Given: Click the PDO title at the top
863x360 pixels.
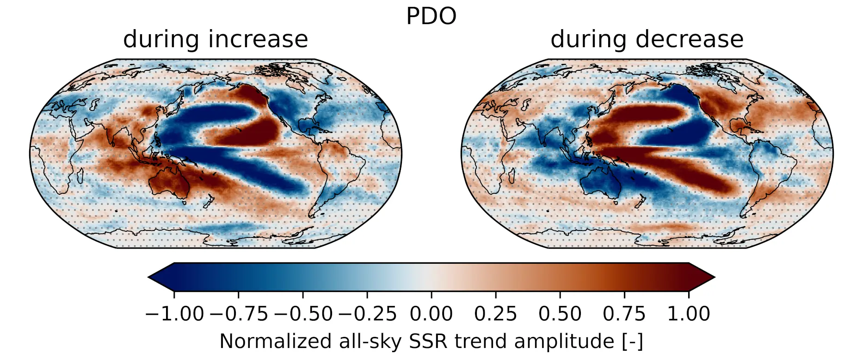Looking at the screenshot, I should tap(431, 17).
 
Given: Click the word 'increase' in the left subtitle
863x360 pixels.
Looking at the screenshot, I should tap(258, 39).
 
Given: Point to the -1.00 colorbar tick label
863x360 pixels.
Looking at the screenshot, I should tap(174, 314).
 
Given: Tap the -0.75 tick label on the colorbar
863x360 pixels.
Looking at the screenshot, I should tap(239, 314).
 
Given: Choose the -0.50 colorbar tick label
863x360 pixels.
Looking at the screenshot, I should tap(303, 314).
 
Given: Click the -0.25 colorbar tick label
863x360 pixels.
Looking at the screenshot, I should tap(367, 314).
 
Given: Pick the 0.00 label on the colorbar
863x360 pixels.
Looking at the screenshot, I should tap(431, 314).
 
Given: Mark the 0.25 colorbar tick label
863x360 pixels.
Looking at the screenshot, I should tap(495, 314).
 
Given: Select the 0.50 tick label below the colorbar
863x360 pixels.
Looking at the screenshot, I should tap(560, 314).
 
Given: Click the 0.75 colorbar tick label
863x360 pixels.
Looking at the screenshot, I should tap(624, 314).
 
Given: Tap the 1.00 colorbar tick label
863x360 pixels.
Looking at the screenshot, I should tap(688, 314).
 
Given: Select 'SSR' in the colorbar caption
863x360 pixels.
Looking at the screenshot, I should tap(428, 342).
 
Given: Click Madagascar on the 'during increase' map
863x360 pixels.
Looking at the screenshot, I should tap(80, 176).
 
